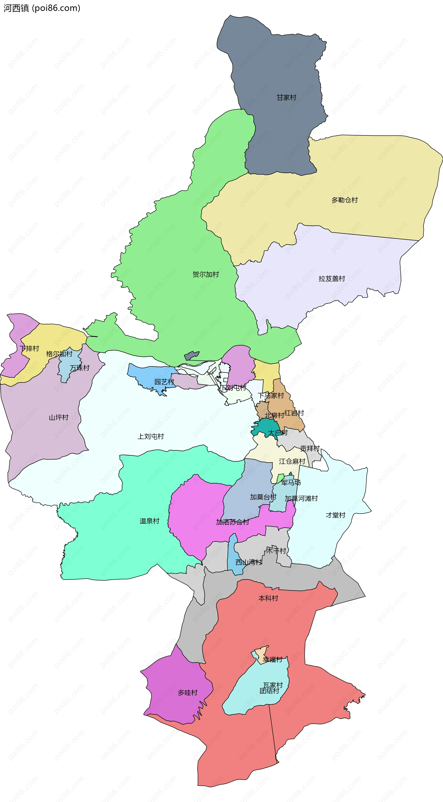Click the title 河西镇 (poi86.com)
42,8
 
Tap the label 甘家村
286,97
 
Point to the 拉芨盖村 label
332,278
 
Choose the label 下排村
29,348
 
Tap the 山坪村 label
59,417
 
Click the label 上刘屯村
151,436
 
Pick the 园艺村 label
164,382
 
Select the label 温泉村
150,521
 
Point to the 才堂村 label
335,515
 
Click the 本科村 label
268,598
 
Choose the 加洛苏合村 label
233,522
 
